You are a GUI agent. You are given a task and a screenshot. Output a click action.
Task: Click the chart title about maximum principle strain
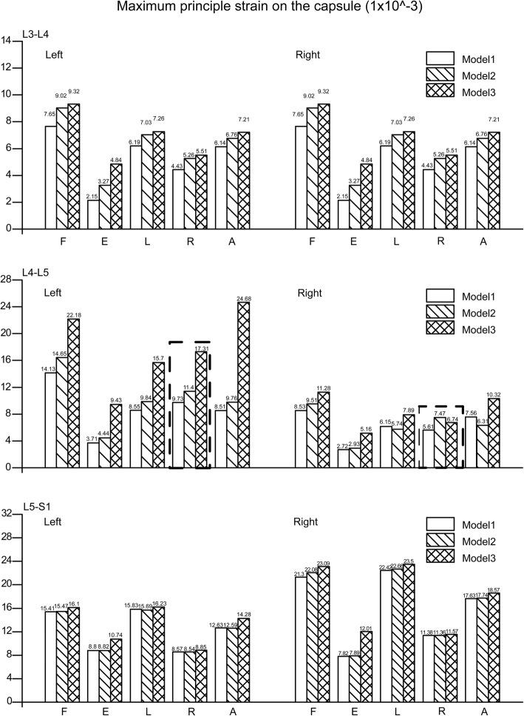pos(262,10)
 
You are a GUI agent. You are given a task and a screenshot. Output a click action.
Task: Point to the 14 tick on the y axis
pos(9,41)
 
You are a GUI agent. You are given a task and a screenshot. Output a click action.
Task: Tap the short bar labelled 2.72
pos(301,458)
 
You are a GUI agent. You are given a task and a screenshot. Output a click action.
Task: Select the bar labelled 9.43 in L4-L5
pos(116,436)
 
